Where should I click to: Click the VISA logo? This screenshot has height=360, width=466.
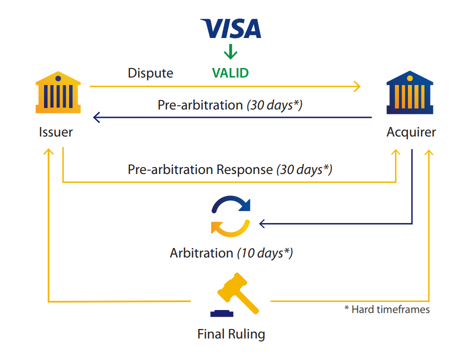coord(230,29)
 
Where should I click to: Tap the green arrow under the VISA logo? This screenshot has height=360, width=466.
coord(230,51)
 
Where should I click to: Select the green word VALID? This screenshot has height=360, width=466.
coord(230,73)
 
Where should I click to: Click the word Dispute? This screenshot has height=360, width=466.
coord(150,73)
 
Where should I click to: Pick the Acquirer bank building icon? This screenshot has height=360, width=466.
coord(410,94)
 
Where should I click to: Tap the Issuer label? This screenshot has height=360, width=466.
coord(56,132)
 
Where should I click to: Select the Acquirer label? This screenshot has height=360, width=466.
coord(411,132)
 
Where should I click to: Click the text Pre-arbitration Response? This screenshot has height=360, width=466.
coord(200,169)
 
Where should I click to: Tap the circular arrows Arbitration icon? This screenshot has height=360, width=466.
coord(230,215)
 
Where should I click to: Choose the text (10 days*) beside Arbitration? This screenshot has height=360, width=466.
coord(265,253)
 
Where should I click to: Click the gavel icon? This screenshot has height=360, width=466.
coord(237,294)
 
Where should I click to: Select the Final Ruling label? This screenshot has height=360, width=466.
coord(231,334)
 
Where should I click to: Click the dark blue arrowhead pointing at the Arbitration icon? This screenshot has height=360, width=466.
coord(262,223)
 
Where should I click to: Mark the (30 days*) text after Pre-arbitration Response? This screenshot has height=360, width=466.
coord(304,169)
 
